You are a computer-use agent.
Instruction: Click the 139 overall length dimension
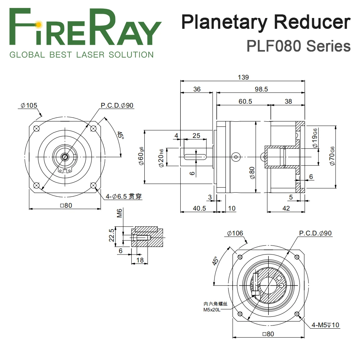[x=243, y=77]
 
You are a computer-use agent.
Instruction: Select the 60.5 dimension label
[x=245, y=102]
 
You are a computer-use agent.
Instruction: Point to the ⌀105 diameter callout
[x=29, y=105]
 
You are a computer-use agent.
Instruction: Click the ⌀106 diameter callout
[x=235, y=233]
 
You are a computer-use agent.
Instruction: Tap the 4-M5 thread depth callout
[x=325, y=325]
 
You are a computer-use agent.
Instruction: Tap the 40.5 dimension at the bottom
[x=199, y=208]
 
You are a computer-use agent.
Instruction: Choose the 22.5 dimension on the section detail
[x=112, y=235]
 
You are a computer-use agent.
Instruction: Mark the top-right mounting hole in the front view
[x=94, y=129]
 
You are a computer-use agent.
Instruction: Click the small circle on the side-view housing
[x=236, y=156]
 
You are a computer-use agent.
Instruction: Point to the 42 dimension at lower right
[x=286, y=208]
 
